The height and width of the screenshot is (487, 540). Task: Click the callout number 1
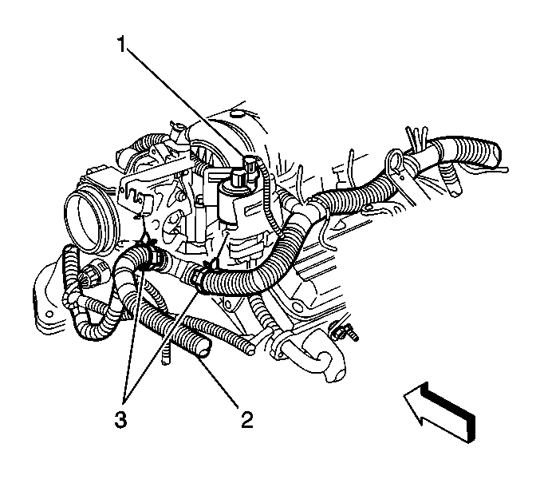[x=121, y=45]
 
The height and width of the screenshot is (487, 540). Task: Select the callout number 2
[x=247, y=419]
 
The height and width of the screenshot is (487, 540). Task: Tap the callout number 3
[x=120, y=419]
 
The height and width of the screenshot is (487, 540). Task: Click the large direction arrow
[x=439, y=412]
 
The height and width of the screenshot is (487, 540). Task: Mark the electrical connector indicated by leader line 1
[x=250, y=164]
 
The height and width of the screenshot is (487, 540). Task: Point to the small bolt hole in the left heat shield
[x=49, y=314]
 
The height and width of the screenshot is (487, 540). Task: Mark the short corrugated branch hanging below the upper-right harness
[x=451, y=179]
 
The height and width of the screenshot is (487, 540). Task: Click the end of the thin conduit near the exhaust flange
[x=251, y=349]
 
